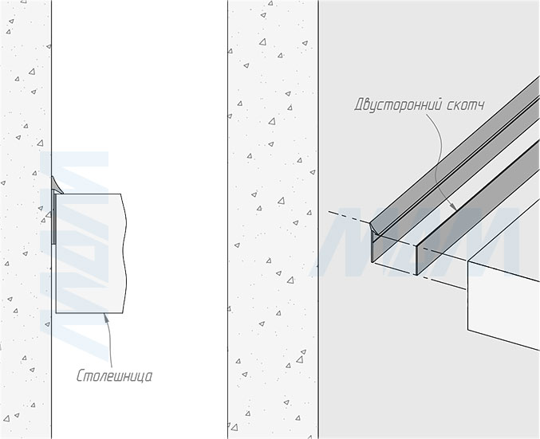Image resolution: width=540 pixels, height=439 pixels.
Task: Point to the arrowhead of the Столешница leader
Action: tap(104, 317)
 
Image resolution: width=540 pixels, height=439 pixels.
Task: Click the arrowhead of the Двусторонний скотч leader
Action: tap(454, 209)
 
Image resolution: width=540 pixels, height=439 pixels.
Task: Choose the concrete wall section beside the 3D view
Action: tap(272, 239)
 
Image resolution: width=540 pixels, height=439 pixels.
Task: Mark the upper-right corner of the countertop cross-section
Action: tap(121, 194)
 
